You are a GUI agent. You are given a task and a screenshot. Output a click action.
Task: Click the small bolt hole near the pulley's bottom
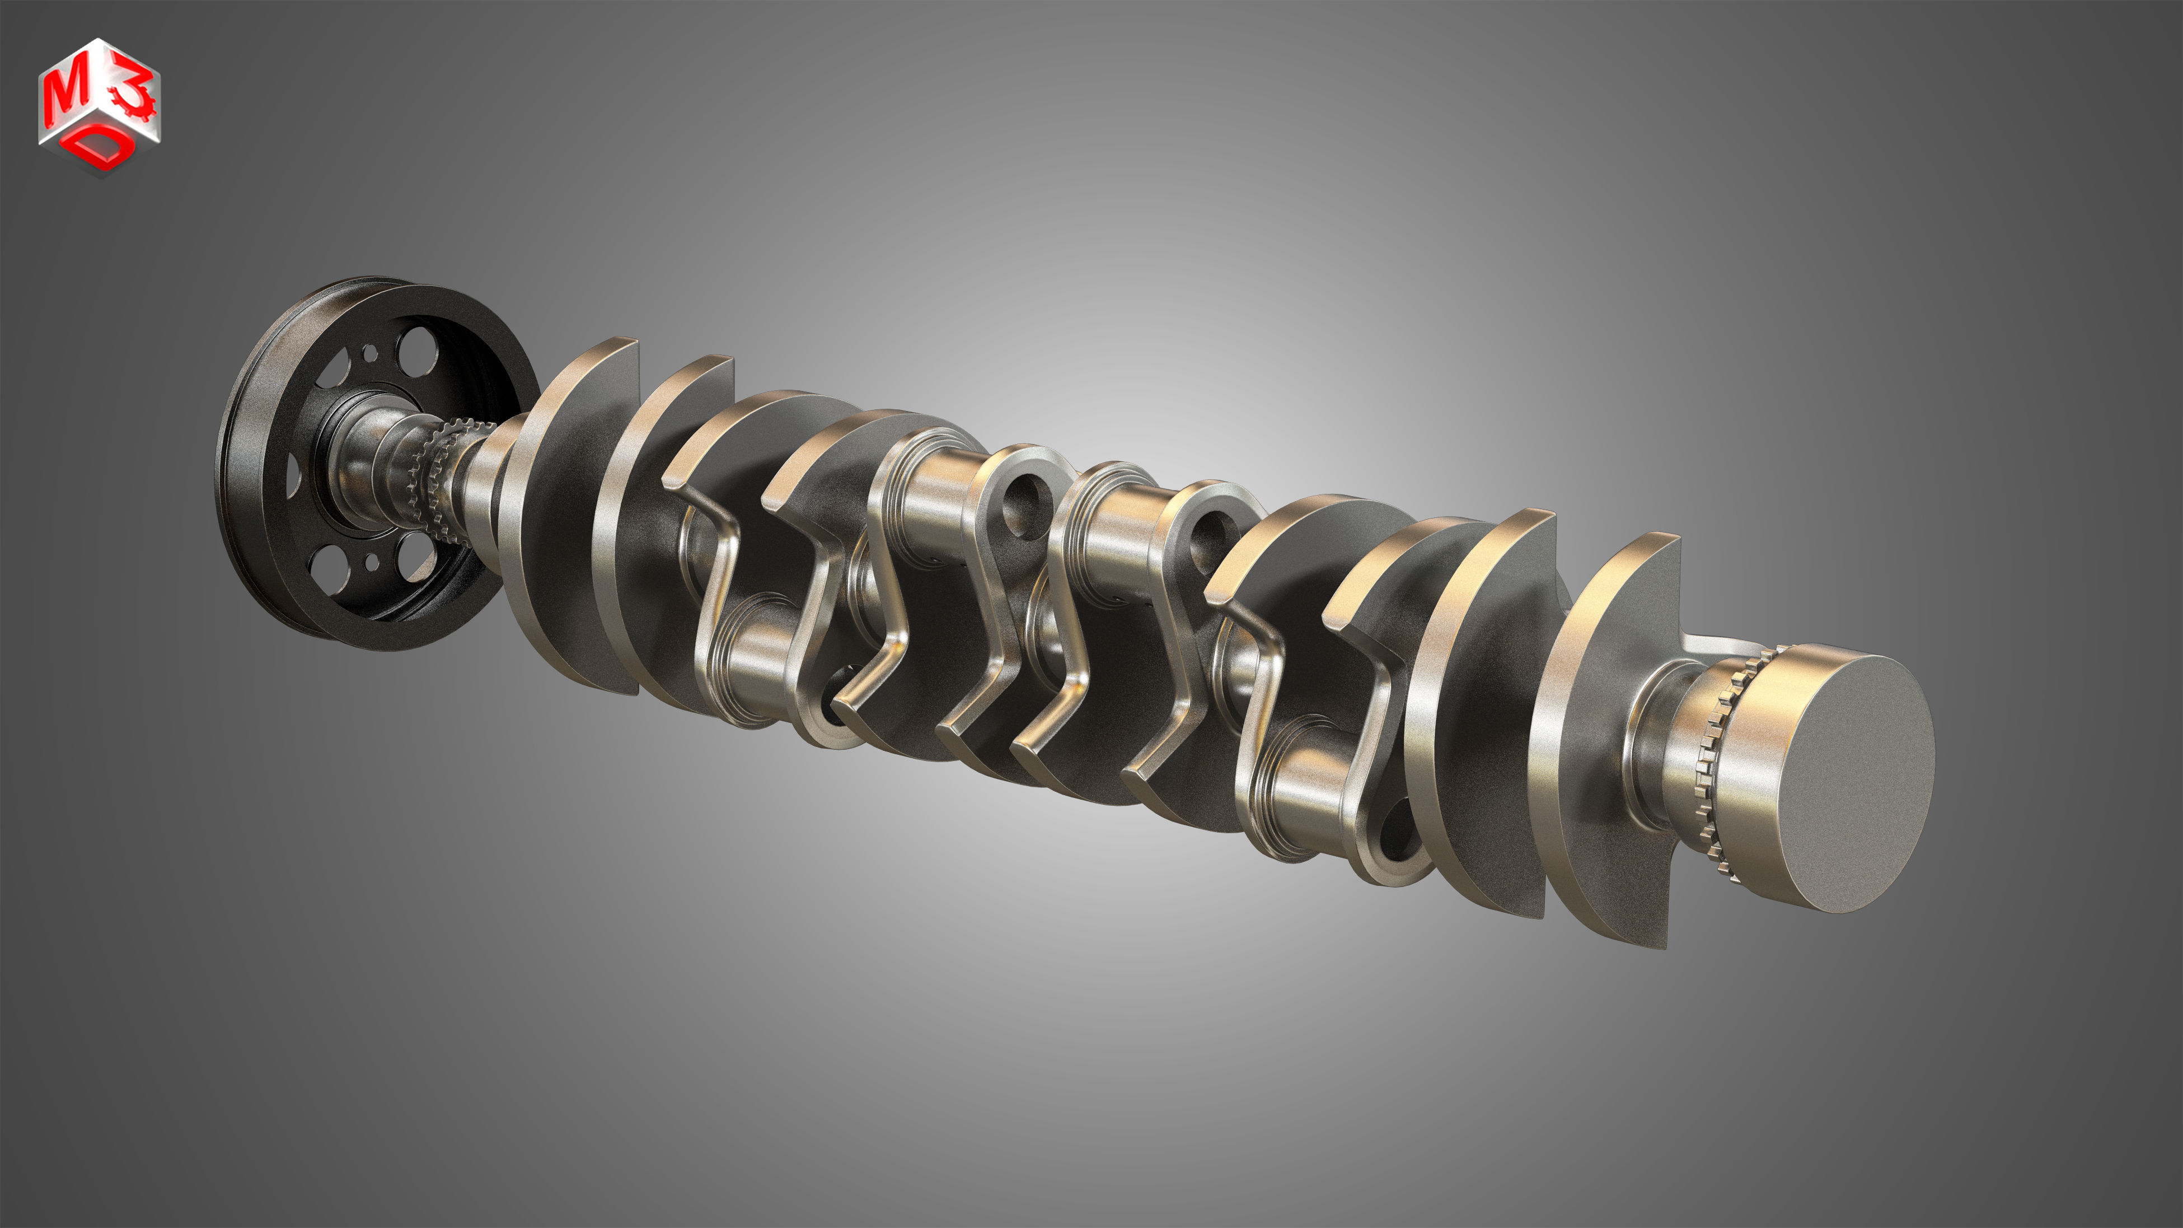[371, 561]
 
